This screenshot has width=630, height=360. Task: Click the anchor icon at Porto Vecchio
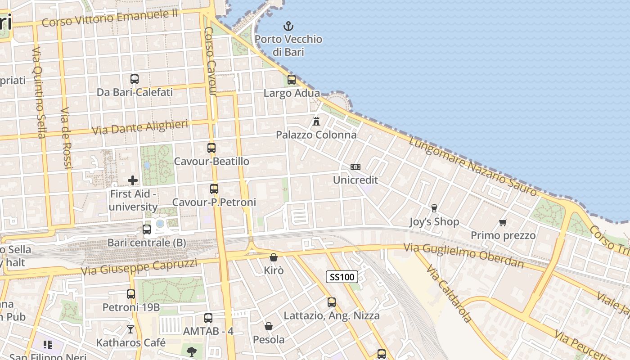coord(288,26)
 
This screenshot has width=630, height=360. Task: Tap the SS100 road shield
coord(342,277)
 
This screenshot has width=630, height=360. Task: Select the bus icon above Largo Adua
coord(292,80)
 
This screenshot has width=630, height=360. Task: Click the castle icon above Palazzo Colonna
coord(316,121)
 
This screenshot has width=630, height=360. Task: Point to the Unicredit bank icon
coord(355,167)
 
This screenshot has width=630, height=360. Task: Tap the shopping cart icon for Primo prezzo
coord(503,222)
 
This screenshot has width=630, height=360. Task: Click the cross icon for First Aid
coord(133,180)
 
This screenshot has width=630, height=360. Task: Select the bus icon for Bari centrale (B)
coord(147,229)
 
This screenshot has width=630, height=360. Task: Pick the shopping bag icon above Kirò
coord(273,257)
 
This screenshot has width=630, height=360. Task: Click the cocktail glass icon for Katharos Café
coord(130,329)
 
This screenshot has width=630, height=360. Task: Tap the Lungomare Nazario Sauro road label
coord(473,166)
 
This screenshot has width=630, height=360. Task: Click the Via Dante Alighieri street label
coord(139,127)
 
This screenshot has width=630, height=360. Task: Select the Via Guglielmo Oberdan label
coord(463,255)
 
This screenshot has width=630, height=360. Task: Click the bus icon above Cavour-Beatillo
coord(211,148)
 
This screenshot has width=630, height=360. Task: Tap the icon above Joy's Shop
coord(434,208)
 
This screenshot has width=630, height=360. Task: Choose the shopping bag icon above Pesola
coord(269,326)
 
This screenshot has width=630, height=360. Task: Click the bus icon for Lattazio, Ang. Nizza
coord(332,302)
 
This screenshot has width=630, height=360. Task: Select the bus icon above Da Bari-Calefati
coord(135,79)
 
